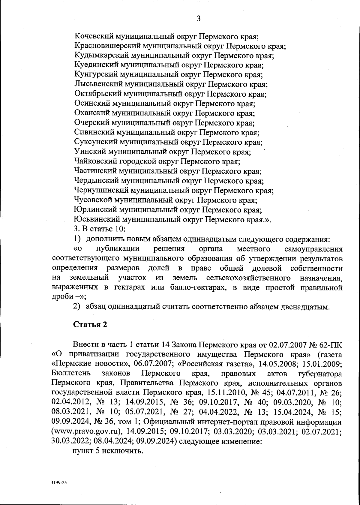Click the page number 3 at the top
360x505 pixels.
pos(198,19)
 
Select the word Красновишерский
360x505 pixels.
pos(107,46)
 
